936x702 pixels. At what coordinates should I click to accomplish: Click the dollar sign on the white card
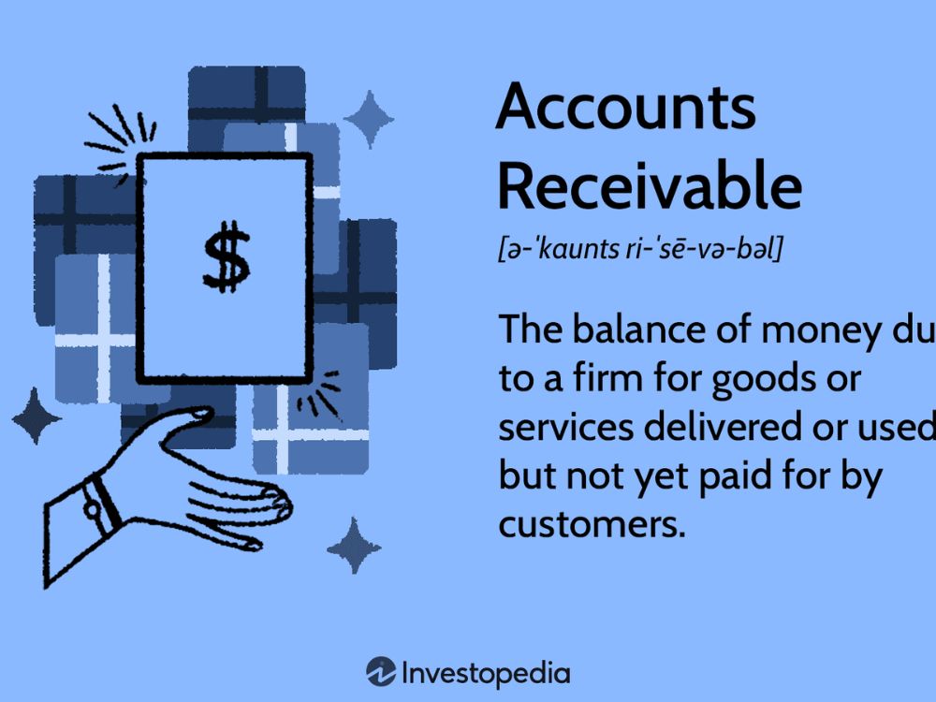pos(227,256)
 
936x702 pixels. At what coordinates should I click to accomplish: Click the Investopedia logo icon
pos(381,672)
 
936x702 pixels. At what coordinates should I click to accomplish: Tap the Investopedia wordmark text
pos(485,672)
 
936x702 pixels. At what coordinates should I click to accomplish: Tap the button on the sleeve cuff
pos(93,509)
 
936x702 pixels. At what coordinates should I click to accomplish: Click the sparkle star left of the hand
pos(36,416)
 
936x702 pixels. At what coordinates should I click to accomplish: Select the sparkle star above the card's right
pos(369,119)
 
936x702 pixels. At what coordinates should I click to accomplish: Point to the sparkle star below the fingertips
pos(353,546)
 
